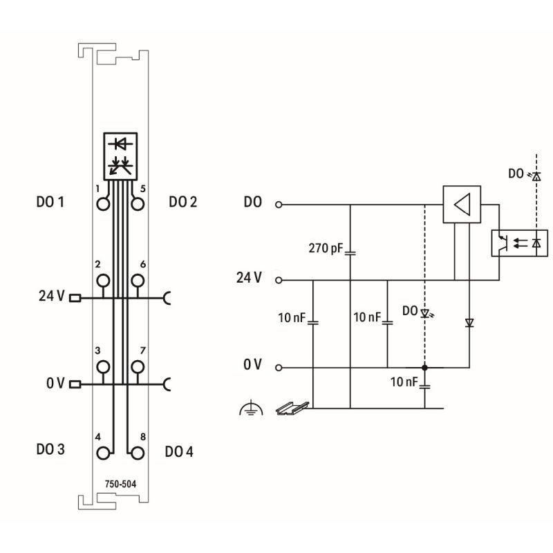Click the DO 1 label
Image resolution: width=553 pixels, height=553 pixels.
tap(50, 203)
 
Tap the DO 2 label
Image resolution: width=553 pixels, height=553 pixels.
tap(182, 203)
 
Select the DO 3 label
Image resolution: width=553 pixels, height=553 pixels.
tap(50, 449)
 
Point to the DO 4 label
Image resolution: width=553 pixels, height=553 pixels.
tap(180, 451)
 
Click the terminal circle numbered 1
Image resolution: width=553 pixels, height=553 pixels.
tap(104, 204)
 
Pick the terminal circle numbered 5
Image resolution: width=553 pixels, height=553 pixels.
tap(138, 204)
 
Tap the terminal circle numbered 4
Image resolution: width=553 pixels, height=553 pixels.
tap(104, 453)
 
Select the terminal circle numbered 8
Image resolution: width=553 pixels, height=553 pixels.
tap(138, 453)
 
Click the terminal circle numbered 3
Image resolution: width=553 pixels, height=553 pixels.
tap(104, 366)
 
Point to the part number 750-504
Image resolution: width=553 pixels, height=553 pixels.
tap(121, 484)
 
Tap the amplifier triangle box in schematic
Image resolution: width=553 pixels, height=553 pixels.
tap(462, 205)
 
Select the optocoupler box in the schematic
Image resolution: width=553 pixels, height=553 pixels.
tap(520, 242)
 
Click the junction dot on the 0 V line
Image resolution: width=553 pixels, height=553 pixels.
tap(424, 367)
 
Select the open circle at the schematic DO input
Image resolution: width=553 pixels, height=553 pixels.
tap(279, 205)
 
